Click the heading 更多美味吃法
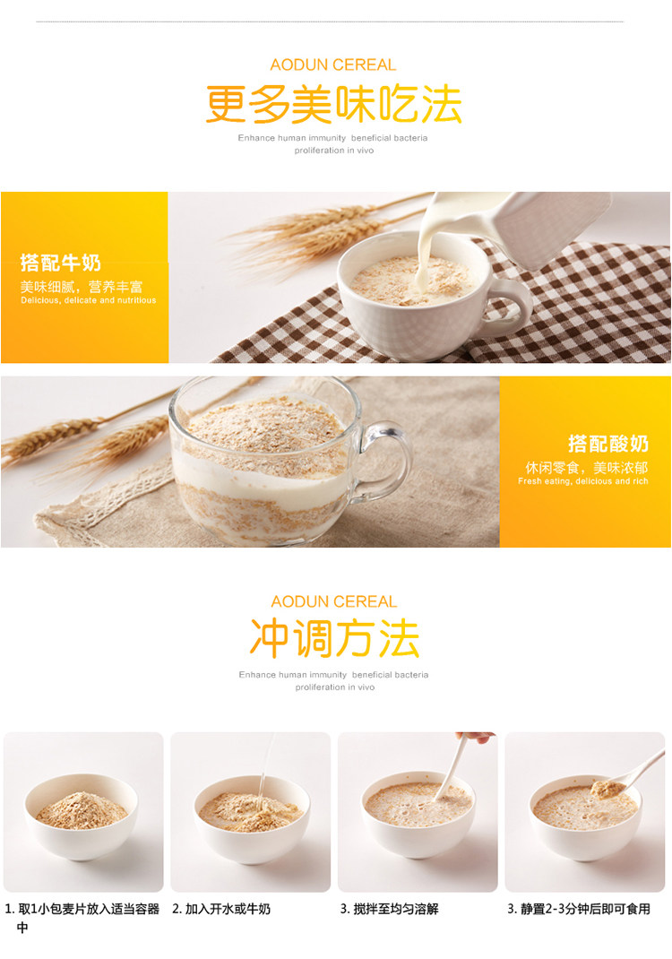pyautogui.click(x=333, y=104)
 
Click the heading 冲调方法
pyautogui.click(x=334, y=638)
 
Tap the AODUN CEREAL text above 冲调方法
pyautogui.click(x=334, y=601)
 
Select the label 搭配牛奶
pyautogui.click(x=61, y=263)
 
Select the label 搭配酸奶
pyautogui.click(x=608, y=444)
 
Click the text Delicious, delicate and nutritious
pyautogui.click(x=88, y=300)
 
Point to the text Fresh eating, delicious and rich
pyautogui.click(x=582, y=481)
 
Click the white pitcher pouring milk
pyautogui.click(x=538, y=223)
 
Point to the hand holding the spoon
pyautogui.click(x=477, y=737)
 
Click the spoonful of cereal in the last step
pyautogui.click(x=607, y=789)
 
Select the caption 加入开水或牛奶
pyautogui.click(x=221, y=910)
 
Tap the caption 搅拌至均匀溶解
pyautogui.click(x=390, y=910)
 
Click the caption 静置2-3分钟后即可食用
pyautogui.click(x=579, y=910)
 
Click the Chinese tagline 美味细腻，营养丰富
pyautogui.click(x=82, y=286)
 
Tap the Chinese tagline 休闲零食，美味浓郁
pyautogui.click(x=587, y=468)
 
